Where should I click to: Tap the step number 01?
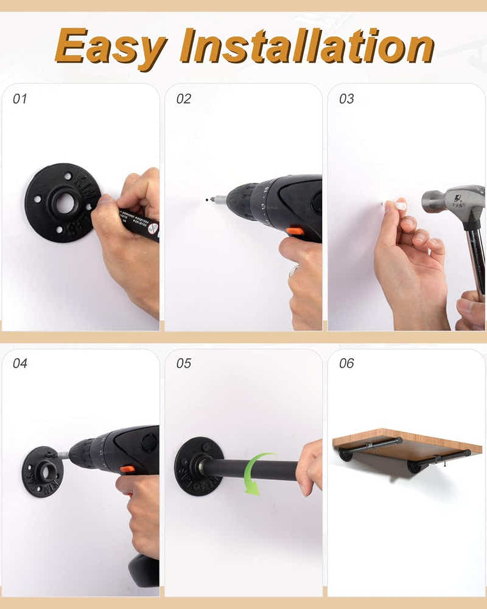coord(20,99)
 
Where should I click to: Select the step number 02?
coord(183,99)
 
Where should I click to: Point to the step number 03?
coord(346,99)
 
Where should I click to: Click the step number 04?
coord(20,364)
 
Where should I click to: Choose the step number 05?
coord(183,364)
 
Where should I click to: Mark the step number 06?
coord(346,364)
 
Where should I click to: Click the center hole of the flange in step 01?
coord(64,203)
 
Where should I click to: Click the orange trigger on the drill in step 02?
coord(295,231)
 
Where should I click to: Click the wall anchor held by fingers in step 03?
coord(384,204)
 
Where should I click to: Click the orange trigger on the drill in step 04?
coord(127,469)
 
